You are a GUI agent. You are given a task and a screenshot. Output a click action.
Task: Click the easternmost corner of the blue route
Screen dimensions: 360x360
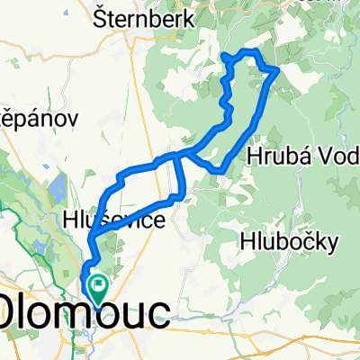276,69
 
